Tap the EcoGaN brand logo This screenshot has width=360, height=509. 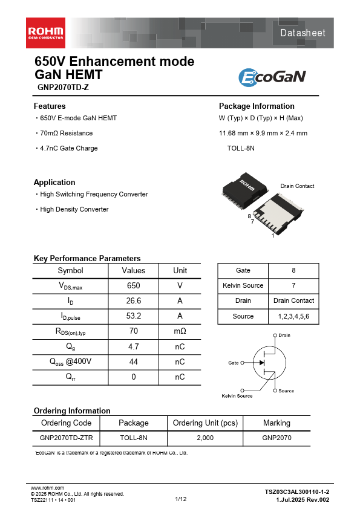[272, 77]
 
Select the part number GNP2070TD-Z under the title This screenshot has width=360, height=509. [63, 87]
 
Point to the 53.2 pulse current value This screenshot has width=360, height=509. [134, 316]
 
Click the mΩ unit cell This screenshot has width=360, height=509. [180, 331]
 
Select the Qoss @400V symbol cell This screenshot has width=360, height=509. [70, 361]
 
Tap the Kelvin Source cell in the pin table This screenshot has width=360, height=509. [243, 285]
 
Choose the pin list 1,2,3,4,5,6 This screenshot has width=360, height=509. [293, 316]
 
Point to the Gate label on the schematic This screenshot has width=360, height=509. [233, 363]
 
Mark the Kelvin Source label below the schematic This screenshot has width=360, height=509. [237, 396]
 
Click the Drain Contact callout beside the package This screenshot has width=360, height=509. [297, 186]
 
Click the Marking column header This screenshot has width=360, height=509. [277, 423]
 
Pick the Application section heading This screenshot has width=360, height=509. [54, 182]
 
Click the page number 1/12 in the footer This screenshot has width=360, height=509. [180, 499]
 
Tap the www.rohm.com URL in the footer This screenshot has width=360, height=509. [47, 487]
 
